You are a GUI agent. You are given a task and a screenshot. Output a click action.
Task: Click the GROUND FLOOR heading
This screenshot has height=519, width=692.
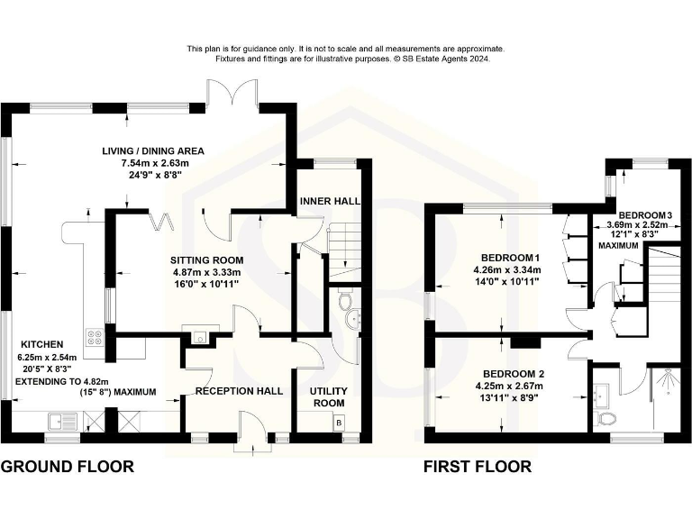coord(67,467)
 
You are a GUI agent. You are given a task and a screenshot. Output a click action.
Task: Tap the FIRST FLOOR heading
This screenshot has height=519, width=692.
coord(478,467)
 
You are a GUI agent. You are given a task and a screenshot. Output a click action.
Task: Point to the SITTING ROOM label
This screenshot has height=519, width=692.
coord(208,259)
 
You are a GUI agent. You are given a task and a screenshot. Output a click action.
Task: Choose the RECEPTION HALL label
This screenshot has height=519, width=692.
coord(239,391)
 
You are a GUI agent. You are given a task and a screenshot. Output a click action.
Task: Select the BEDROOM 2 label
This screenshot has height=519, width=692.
coord(509,373)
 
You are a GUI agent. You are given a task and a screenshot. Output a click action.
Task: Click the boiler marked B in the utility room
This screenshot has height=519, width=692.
coord(339,422)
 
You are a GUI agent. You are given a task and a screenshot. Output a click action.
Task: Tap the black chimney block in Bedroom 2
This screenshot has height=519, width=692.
coord(524,342)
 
